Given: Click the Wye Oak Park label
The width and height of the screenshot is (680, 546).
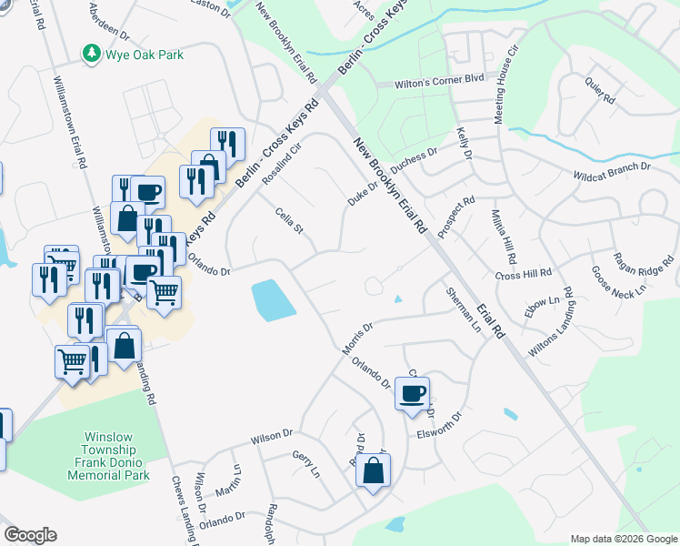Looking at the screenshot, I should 145,55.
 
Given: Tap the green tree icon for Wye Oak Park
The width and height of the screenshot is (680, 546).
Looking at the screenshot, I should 92,55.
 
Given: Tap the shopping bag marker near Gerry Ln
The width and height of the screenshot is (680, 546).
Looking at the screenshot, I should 373,471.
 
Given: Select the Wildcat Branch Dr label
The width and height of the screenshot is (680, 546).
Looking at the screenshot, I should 611,172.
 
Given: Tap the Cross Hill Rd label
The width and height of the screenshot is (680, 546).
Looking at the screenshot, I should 524,273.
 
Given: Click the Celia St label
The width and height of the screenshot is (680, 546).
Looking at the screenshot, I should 288,218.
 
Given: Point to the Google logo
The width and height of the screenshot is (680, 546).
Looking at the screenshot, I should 30,535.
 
